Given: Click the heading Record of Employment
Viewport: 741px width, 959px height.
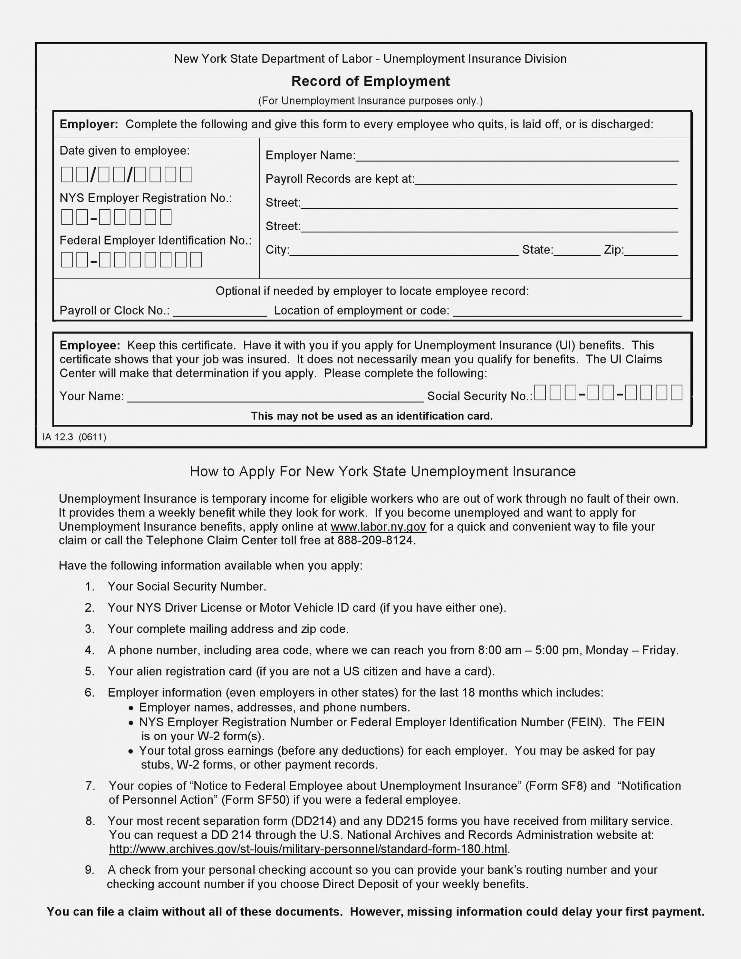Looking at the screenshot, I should tap(370, 81).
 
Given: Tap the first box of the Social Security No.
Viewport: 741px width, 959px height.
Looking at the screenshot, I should tap(540, 392).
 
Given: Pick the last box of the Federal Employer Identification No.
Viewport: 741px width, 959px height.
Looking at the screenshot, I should tap(196, 260).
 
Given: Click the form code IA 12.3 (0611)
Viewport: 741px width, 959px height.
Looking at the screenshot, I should tap(74, 437).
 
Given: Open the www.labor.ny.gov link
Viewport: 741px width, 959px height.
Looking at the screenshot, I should tap(378, 527).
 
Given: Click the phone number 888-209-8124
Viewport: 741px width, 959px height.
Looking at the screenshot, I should tap(375, 541).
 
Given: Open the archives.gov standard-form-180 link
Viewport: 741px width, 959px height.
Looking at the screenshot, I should tap(308, 849).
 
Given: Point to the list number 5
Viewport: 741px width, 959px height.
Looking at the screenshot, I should tap(90, 671).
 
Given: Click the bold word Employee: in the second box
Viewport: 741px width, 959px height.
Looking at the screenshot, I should tap(90, 345).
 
